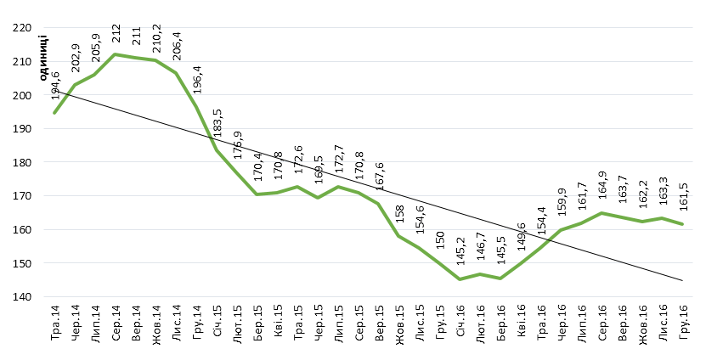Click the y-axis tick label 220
pyautogui.click(x=19, y=28)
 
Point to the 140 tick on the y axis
pyautogui.click(x=19, y=297)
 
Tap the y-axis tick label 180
pyautogui.click(x=19, y=162)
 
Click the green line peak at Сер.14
pyautogui.click(x=115, y=54)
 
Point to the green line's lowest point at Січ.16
pyautogui.click(x=460, y=279)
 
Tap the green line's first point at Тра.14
pyautogui.click(x=54, y=113)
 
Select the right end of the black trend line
pyautogui.click(x=683, y=280)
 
